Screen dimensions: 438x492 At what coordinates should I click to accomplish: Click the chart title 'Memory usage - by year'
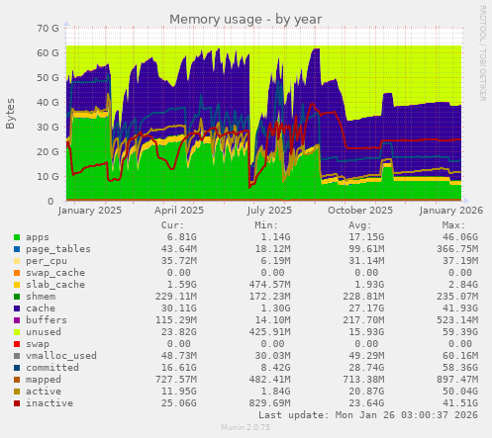point(246,19)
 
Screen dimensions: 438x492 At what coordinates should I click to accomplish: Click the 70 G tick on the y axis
point(46,28)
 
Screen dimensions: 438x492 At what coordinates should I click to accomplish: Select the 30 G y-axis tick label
point(46,127)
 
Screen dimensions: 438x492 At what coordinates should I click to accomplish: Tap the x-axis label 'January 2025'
point(90,210)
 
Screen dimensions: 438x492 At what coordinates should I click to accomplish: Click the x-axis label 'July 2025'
point(270,210)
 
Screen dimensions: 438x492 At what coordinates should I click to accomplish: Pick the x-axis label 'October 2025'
point(360,210)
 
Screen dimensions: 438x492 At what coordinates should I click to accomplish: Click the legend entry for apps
point(38,237)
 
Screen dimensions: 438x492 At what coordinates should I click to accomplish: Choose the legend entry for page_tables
point(50,248)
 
